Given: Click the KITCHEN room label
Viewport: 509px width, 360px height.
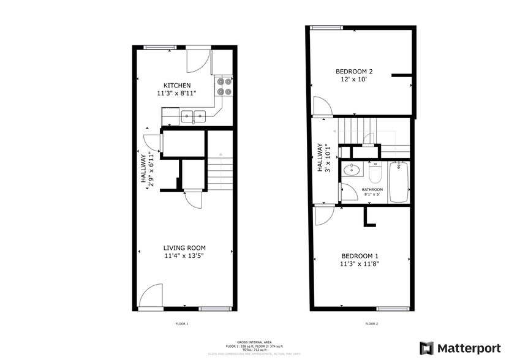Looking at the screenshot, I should pos(176,85).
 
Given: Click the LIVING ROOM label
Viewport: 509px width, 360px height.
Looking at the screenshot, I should pos(183,247).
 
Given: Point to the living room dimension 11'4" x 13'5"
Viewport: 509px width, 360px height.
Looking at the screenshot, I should pos(183,256).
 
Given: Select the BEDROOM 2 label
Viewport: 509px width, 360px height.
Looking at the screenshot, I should pos(358,71).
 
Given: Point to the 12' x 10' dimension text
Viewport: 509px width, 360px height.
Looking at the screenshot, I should pos(358,80).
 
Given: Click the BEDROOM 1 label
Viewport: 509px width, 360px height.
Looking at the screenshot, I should pos(360,256).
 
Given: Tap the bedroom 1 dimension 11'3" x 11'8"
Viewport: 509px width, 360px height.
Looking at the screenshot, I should pos(360,264).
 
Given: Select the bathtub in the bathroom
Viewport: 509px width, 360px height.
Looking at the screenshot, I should pos(399,182).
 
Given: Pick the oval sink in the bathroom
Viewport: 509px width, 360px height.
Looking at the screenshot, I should pos(350,171).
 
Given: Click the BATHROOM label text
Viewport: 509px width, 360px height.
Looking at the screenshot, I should pos(372,190).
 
